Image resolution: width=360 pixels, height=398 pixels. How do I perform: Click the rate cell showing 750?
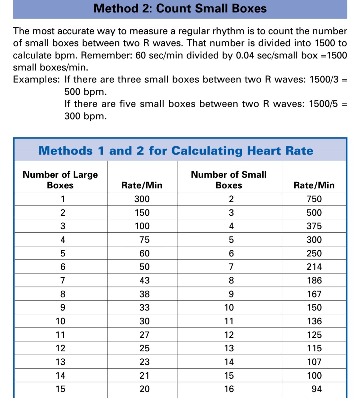point(314,199)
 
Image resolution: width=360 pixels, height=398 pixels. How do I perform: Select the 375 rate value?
point(314,226)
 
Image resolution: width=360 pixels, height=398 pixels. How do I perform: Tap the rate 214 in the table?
point(314,267)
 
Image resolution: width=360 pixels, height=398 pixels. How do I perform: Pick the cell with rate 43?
point(144,280)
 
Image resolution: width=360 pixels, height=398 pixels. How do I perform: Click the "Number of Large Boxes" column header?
point(60,180)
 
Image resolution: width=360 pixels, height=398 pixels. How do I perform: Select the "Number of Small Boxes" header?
point(229,180)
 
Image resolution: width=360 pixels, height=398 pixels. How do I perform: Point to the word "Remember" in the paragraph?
point(106,55)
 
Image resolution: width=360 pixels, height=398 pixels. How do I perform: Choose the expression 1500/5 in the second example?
point(323,104)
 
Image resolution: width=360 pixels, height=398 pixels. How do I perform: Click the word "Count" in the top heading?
point(173,8)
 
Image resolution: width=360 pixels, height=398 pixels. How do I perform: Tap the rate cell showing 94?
point(316,389)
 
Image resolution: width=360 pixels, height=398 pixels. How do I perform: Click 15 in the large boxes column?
point(60,389)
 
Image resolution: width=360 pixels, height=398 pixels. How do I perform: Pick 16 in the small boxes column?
point(229,389)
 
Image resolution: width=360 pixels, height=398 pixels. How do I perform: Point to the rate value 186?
point(314,280)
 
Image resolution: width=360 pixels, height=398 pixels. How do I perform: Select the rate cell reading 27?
point(144,335)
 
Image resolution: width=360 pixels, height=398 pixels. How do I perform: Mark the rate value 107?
point(314,362)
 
